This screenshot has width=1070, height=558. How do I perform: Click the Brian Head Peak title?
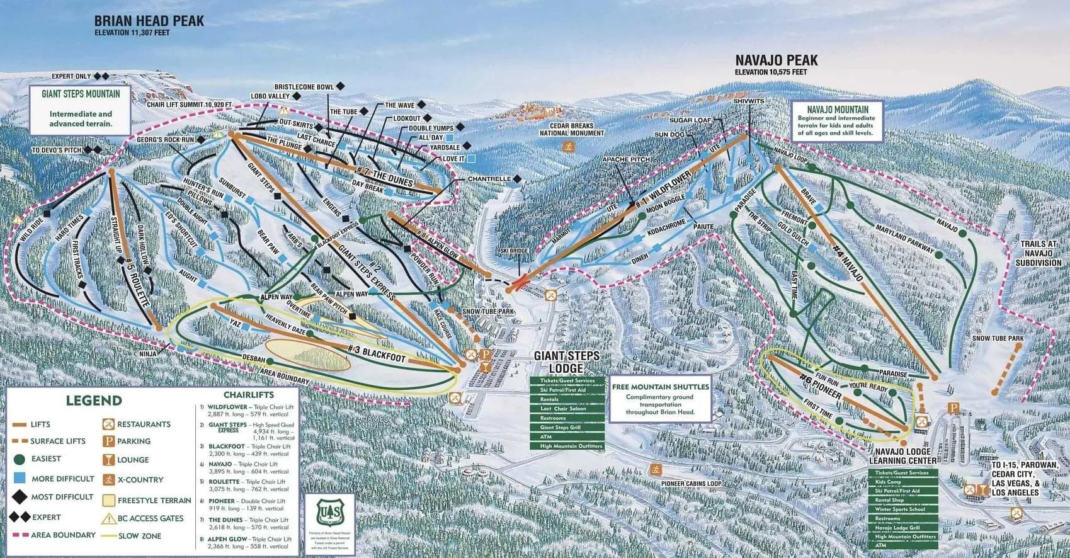(x=149, y=21)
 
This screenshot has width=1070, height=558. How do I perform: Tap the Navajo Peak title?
(x=777, y=60)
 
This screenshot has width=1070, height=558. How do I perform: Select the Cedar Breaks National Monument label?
(x=572, y=129)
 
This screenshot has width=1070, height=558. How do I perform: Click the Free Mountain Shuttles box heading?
(x=660, y=387)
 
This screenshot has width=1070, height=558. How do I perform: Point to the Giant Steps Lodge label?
(x=566, y=362)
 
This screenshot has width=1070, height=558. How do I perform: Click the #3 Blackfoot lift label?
(x=377, y=353)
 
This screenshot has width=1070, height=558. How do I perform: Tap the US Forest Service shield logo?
(x=326, y=512)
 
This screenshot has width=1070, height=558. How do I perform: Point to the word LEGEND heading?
(x=94, y=401)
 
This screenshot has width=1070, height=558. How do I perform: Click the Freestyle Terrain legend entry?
(x=154, y=501)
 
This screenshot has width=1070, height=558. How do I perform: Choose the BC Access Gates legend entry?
(x=150, y=518)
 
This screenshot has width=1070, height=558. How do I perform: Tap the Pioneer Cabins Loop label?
(x=691, y=483)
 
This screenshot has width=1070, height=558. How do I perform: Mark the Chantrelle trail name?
(x=489, y=179)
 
